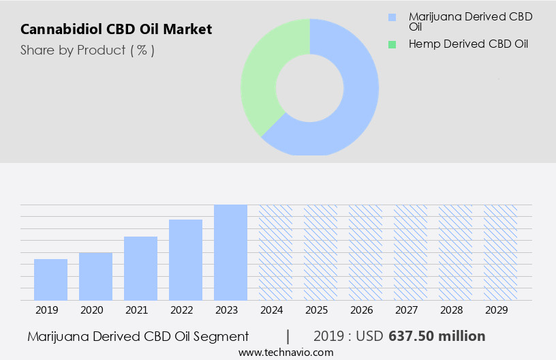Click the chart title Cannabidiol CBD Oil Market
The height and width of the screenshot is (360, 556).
point(116,29)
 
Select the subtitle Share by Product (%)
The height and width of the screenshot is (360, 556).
point(87,50)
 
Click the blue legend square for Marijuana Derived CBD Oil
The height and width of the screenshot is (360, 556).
point(392,16)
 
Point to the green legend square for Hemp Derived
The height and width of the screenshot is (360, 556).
point(392,44)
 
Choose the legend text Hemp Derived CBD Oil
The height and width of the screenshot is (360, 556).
point(468,44)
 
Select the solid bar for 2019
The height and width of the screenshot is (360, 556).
point(50,280)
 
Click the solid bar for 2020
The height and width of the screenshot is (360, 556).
point(95,276)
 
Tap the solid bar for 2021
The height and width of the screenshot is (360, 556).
point(140,268)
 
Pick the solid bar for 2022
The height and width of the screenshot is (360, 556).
point(185,260)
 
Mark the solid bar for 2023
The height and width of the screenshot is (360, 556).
point(230,252)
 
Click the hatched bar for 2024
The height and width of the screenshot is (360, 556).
point(275,252)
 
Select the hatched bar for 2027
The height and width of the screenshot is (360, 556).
point(410,252)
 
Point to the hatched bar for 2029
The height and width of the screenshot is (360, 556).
point(500,252)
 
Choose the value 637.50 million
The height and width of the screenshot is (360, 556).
point(437,336)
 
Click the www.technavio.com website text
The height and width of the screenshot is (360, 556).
point(285,352)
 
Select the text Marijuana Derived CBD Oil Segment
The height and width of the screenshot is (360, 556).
point(138,336)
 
